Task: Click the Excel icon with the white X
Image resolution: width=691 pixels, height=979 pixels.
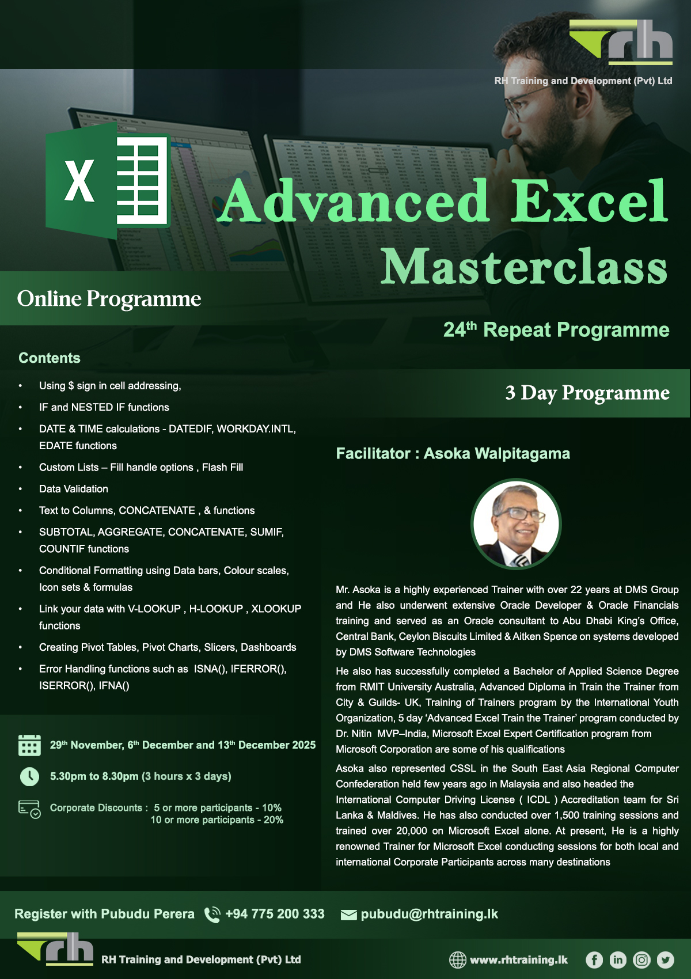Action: click(x=108, y=181)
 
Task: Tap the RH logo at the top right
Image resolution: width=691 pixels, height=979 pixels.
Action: click(x=621, y=41)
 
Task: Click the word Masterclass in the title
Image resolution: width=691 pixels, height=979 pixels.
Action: click(x=523, y=267)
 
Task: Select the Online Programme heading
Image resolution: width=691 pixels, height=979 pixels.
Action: click(x=109, y=298)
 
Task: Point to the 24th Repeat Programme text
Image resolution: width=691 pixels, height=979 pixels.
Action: click(x=556, y=330)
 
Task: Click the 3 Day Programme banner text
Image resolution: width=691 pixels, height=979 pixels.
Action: click(x=587, y=393)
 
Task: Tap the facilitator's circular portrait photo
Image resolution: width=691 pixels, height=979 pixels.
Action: click(x=516, y=523)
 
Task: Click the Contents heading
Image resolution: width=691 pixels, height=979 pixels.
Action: click(x=50, y=358)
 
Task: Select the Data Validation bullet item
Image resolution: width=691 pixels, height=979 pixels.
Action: click(x=74, y=489)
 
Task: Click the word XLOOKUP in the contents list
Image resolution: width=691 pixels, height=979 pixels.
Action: click(x=276, y=609)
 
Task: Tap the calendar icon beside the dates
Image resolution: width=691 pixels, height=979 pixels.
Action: click(x=29, y=745)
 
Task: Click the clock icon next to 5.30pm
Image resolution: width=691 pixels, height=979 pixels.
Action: click(x=29, y=776)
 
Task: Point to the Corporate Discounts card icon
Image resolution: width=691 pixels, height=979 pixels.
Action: click(x=29, y=809)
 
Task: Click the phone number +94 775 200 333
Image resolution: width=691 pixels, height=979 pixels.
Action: click(x=275, y=914)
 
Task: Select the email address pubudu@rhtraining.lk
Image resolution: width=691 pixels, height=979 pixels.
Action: click(x=429, y=914)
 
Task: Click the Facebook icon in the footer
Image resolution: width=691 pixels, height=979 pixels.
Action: click(x=594, y=959)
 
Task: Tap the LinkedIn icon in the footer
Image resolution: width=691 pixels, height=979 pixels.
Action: click(x=618, y=959)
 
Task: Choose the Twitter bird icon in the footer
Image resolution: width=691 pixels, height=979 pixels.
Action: click(x=666, y=959)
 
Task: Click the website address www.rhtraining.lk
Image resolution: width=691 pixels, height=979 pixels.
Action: click(x=518, y=959)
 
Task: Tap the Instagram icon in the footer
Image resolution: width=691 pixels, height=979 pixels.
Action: click(x=641, y=959)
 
